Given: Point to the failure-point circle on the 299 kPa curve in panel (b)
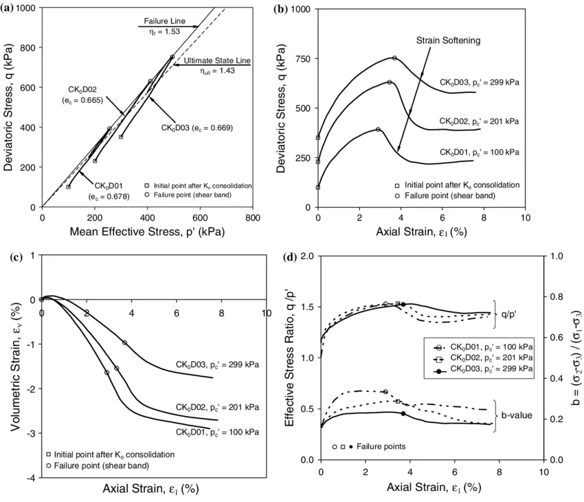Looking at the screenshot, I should (x=394, y=58).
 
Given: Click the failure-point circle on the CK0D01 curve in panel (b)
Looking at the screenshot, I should (x=378, y=129).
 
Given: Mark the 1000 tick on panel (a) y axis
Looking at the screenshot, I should (x=25, y=8).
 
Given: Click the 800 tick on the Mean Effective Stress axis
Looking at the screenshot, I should (x=253, y=217).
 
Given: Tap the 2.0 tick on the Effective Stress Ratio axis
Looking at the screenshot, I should (x=305, y=256).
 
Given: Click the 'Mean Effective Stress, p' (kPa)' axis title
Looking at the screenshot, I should (x=147, y=232).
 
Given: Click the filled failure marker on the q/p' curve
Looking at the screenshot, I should (x=403, y=304).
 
